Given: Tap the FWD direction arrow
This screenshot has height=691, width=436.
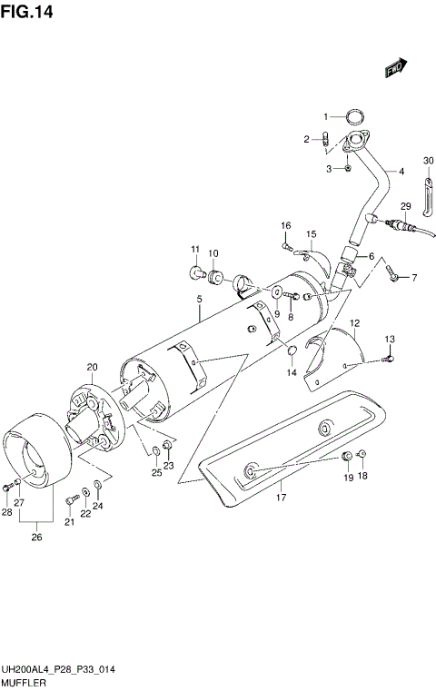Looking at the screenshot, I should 395,67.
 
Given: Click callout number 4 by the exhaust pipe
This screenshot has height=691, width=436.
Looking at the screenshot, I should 401,170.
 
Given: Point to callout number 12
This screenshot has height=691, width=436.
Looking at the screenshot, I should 355,322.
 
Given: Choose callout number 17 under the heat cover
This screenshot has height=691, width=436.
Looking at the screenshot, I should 282,497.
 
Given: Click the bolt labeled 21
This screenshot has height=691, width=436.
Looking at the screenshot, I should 72,499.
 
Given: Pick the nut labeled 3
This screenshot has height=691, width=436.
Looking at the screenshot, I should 349,168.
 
